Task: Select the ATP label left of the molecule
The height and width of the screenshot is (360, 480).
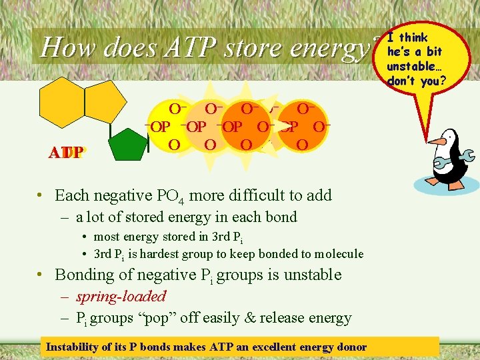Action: [x=65, y=153]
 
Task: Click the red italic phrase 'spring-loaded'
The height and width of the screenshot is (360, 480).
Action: [x=121, y=296]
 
